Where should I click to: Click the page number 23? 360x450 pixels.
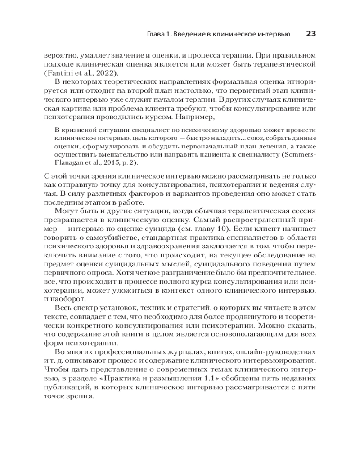pos(311,34)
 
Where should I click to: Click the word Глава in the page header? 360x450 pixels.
pos(157,34)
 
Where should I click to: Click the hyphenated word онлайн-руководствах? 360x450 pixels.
pos(275,351)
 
